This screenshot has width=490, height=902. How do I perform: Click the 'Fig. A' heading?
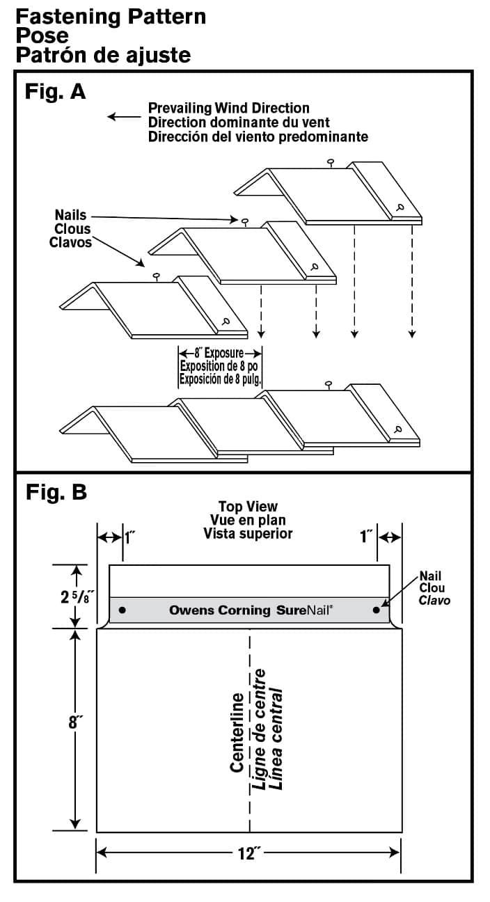tap(55, 91)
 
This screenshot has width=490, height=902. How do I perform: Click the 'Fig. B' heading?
tap(56, 492)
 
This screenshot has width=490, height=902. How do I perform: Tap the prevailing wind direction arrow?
tap(123, 117)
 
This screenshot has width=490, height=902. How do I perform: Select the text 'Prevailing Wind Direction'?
tap(228, 108)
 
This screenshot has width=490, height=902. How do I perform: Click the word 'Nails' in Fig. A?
tap(70, 216)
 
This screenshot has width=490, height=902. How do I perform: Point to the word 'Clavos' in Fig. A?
tap(70, 242)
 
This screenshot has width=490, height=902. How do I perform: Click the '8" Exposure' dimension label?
tap(220, 353)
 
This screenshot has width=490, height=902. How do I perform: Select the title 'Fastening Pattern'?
tap(111, 16)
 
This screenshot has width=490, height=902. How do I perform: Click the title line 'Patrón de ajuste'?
tap(102, 54)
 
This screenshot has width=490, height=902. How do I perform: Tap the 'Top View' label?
tap(248, 507)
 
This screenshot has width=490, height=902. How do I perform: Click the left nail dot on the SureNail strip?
tap(122, 610)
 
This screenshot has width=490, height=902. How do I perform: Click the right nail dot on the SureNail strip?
tap(377, 610)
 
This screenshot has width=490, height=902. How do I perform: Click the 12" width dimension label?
tap(248, 854)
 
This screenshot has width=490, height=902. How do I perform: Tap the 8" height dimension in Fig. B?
tap(75, 722)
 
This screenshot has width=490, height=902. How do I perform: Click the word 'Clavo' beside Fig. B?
tap(434, 600)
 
